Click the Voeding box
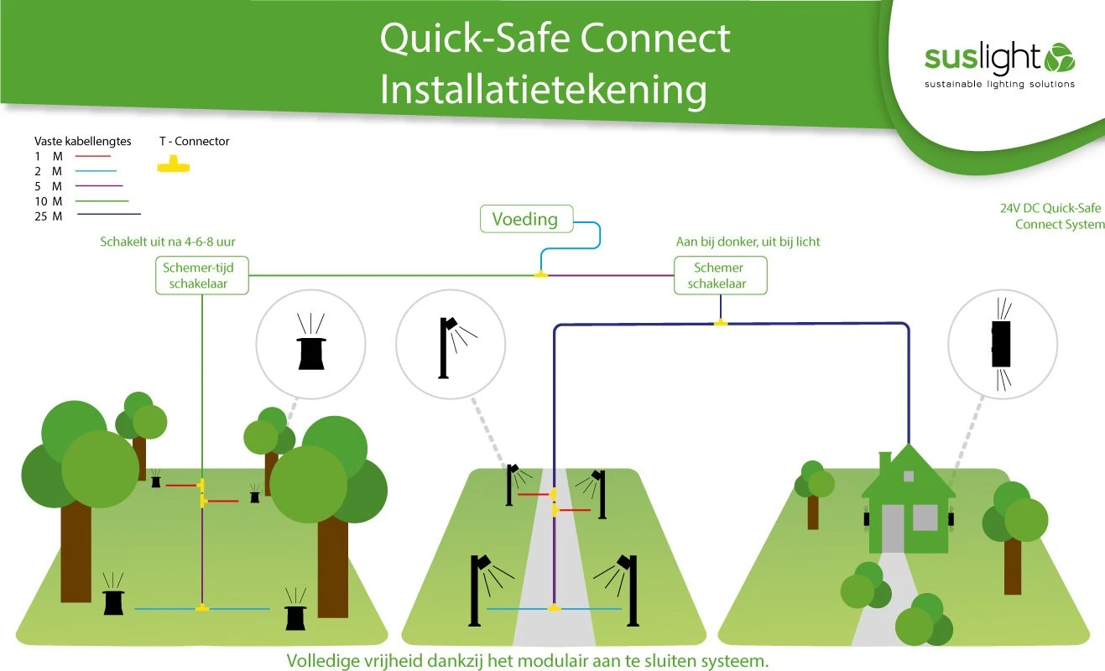click(525, 219)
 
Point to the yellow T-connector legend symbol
click(174, 164)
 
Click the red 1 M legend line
click(93, 156)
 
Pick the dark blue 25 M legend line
click(108, 216)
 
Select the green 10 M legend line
click(101, 201)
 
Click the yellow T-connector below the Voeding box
click(541, 273)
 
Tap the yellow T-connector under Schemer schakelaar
click(720, 322)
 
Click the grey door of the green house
click(892, 528)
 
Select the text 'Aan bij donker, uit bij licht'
click(748, 242)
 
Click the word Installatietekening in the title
click(543, 89)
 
